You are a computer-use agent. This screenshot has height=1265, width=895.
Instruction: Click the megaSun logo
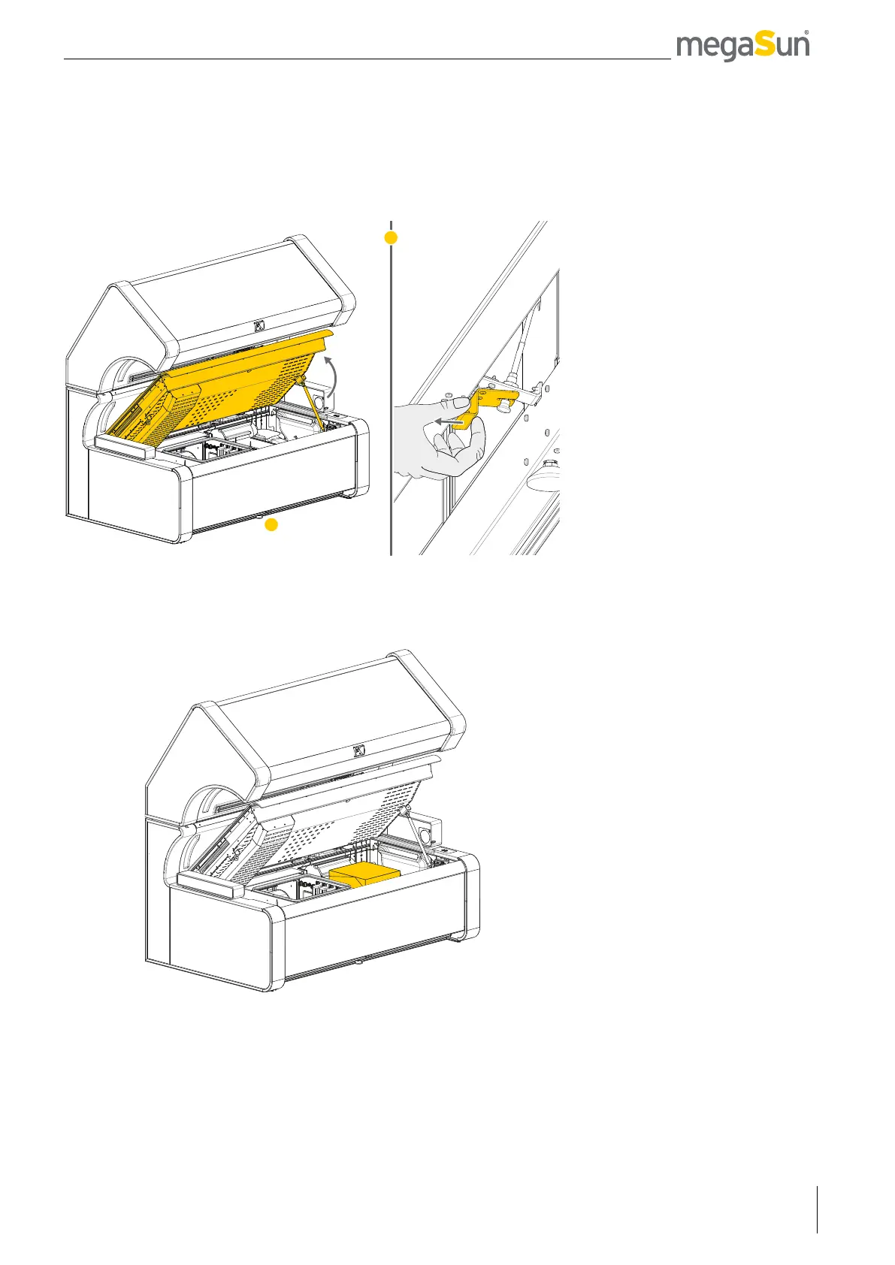point(742,47)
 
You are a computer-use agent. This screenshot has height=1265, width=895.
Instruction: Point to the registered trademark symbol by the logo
point(806,33)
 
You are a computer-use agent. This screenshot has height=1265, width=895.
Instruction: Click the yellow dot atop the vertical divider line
point(390,237)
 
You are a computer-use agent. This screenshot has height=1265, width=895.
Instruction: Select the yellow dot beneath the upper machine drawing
point(272,525)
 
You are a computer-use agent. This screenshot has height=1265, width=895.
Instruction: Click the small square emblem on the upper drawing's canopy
point(259,326)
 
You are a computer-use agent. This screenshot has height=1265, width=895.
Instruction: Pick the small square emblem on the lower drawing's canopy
point(359,750)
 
